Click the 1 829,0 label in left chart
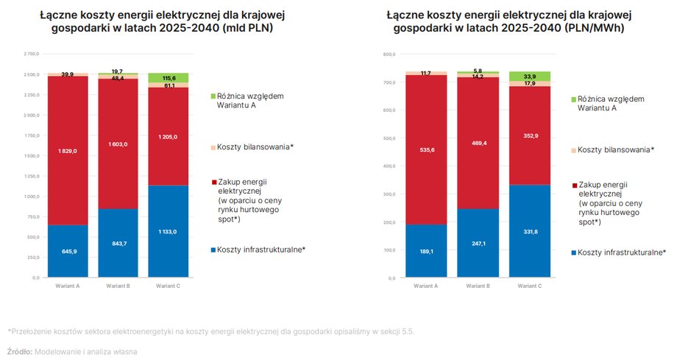point(68,151)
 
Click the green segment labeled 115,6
point(169,77)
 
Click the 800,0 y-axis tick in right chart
point(389,54)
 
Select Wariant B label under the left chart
point(118,285)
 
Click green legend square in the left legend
point(213,96)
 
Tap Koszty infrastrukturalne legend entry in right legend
point(622,252)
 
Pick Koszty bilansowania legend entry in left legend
point(255,147)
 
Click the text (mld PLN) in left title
point(248,29)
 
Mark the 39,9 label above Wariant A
point(68,74)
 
